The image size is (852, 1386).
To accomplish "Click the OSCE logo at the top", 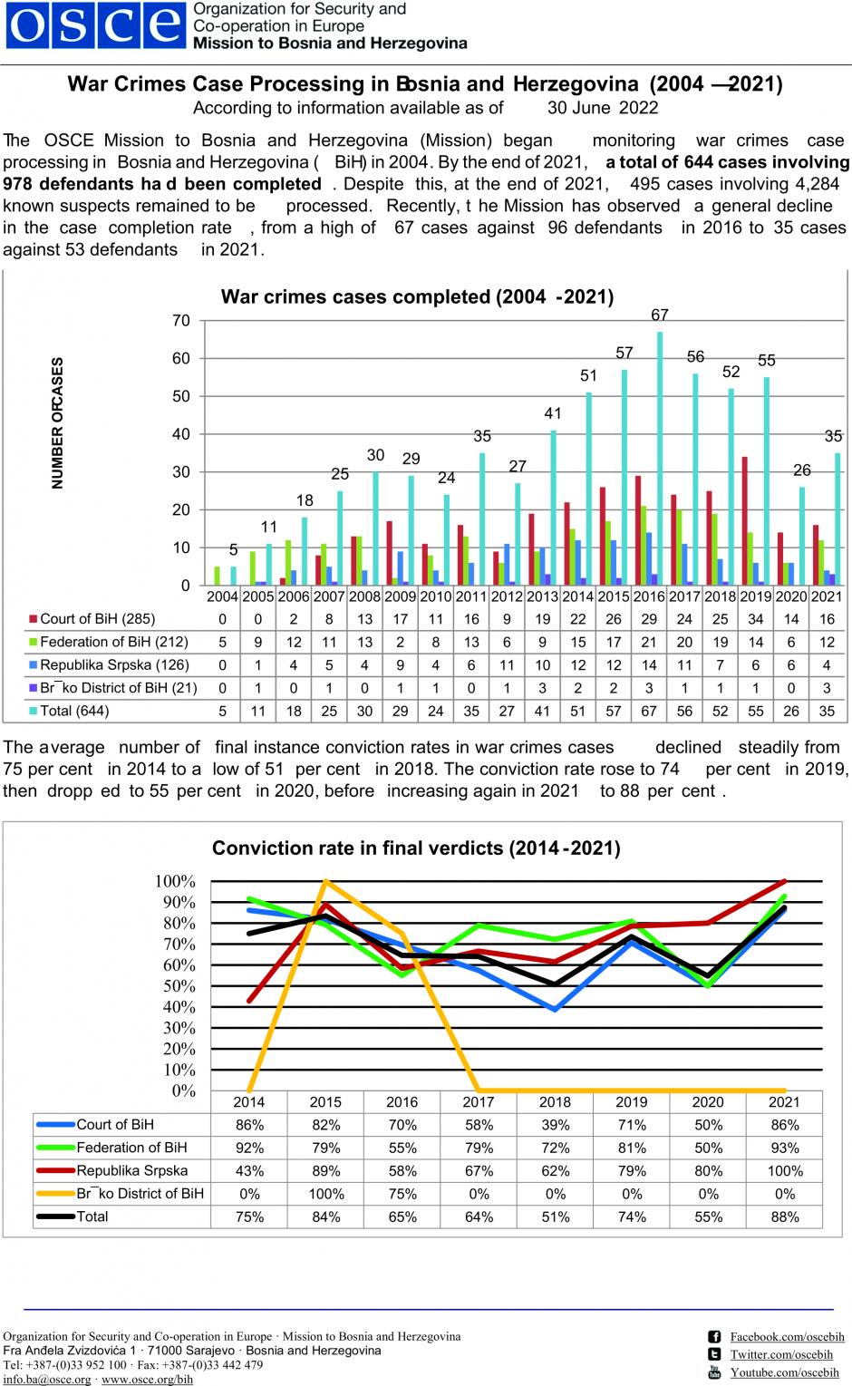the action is point(96,24).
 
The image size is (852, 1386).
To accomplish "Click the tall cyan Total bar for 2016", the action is point(660,459).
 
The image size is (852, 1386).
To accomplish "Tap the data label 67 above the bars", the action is point(660,315).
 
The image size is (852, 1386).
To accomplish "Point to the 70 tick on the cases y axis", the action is point(180,321).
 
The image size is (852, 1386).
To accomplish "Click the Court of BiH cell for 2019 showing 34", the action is point(756,619).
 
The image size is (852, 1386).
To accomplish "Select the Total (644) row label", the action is point(69,711).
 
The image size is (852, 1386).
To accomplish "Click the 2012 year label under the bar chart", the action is point(507,596).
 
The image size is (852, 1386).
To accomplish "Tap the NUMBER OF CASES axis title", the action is point(57,423).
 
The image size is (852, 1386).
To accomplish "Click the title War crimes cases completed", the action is point(417,296).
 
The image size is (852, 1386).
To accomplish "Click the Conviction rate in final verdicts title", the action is point(416,847).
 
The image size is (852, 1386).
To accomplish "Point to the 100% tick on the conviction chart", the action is point(175,881).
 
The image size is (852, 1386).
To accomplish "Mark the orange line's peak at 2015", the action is point(325,880).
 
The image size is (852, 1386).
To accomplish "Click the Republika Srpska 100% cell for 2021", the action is point(785,1170).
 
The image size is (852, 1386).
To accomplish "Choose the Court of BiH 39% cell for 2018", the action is point(555,1125).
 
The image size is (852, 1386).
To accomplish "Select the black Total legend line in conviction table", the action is point(55,1216).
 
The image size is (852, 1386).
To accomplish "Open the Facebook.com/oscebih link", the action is point(787,1336).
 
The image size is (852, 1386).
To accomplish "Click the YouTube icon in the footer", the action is point(714,1372).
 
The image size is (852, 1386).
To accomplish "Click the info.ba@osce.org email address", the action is point(47,1379).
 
